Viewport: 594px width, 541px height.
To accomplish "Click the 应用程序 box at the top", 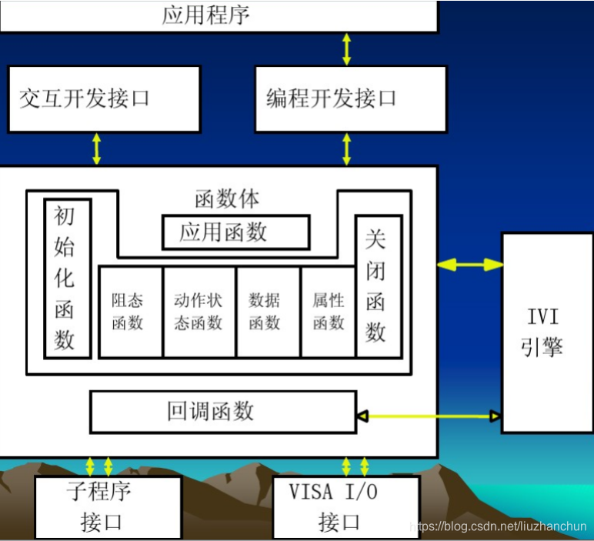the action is [219, 15].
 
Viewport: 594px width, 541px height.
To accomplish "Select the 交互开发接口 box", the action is [104, 99].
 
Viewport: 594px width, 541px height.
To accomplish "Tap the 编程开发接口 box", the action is [350, 99].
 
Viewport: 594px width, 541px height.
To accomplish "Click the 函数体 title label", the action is [227, 199].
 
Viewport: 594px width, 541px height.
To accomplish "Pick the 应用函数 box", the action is [235, 232].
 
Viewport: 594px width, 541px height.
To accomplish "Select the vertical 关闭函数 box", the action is [377, 286].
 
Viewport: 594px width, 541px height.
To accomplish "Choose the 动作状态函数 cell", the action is [199, 312].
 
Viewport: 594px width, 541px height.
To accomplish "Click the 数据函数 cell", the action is [267, 312].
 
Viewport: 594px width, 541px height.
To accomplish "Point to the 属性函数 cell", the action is [329, 312].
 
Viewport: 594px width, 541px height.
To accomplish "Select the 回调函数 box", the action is [223, 412].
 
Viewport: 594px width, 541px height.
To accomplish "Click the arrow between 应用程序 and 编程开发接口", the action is [347, 48].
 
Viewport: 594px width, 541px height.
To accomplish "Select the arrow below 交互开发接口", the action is [97, 149].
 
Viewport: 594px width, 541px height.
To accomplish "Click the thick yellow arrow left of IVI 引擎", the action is [470, 264].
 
